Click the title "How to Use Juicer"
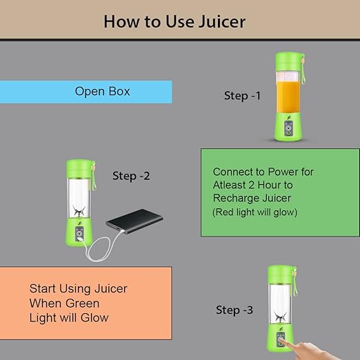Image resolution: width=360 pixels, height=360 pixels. [174, 21]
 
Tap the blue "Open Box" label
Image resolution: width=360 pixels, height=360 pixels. [102, 91]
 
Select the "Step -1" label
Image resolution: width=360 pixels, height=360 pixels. [242, 96]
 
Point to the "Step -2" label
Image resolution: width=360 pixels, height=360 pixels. [131, 176]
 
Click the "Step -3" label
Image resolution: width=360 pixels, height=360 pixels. [234, 310]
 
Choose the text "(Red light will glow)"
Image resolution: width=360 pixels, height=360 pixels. [254, 212]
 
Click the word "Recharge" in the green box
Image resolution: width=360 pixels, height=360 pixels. [233, 199]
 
